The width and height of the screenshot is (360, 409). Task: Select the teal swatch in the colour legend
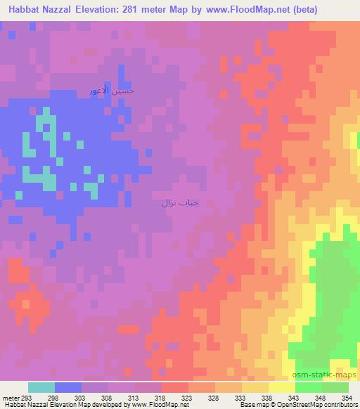(x=41, y=387)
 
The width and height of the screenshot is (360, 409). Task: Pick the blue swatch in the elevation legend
(x=67, y=387)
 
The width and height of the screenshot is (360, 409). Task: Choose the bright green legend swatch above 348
(x=309, y=387)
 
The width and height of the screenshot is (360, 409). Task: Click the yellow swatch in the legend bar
(x=282, y=387)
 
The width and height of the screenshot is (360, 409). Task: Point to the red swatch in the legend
(x=175, y=387)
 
